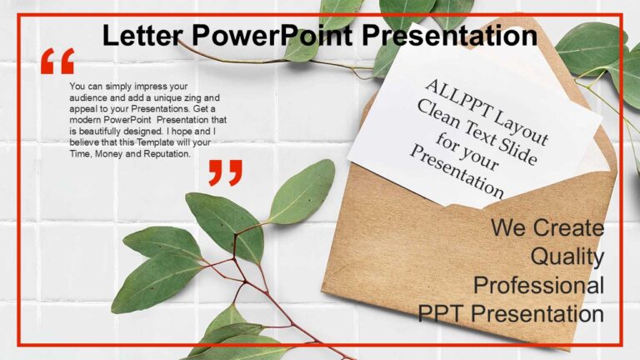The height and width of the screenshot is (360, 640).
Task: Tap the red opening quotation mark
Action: [57, 62]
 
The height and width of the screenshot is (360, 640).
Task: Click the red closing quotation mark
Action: [225, 172]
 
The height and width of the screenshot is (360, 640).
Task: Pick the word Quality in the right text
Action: [567, 257]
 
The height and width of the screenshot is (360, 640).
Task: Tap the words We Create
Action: [547, 227]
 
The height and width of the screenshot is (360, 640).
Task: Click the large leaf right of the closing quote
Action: [302, 192]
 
